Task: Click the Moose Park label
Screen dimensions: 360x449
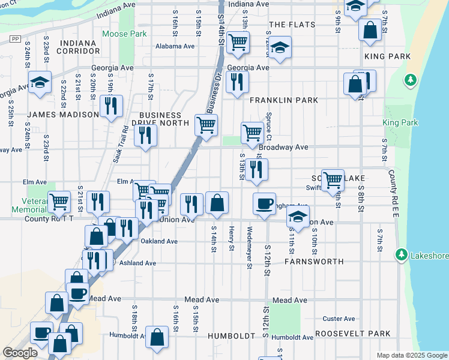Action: [124, 34]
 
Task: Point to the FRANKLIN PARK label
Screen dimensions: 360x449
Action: [284, 100]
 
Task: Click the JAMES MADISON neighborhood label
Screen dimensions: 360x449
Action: [62, 115]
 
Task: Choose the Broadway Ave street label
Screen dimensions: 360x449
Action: [283, 147]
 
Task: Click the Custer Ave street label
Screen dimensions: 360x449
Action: [339, 319]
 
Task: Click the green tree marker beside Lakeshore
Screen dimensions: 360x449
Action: [401, 255]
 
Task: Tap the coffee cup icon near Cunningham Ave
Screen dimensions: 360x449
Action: [264, 203]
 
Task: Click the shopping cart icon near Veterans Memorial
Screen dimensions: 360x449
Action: [59, 202]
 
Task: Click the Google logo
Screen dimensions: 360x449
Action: [20, 353]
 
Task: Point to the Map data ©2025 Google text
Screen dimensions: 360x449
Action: [411, 355]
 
